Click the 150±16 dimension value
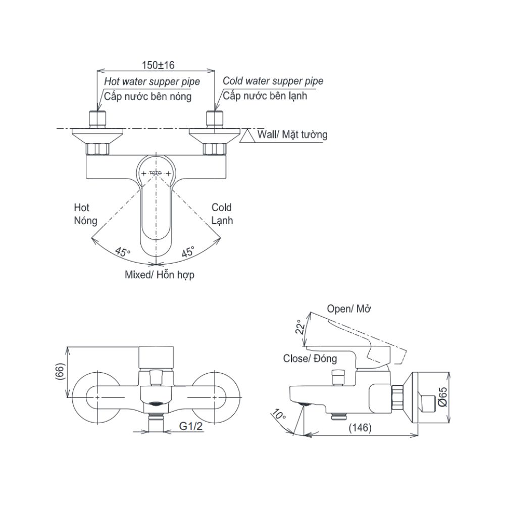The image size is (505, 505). tap(158, 65)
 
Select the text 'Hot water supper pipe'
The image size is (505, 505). tap(152, 82)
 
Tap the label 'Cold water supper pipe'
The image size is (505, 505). tap(273, 81)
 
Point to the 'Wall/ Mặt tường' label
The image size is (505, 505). tap(292, 134)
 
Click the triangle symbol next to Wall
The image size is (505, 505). tap(247, 136)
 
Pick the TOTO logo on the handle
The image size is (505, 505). tap(155, 173)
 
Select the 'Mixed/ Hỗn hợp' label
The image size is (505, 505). tap(160, 275)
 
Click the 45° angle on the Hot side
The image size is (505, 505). tap(123, 252)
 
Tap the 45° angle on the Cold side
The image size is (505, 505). tap(188, 251)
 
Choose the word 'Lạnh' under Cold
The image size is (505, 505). tap(222, 221)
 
